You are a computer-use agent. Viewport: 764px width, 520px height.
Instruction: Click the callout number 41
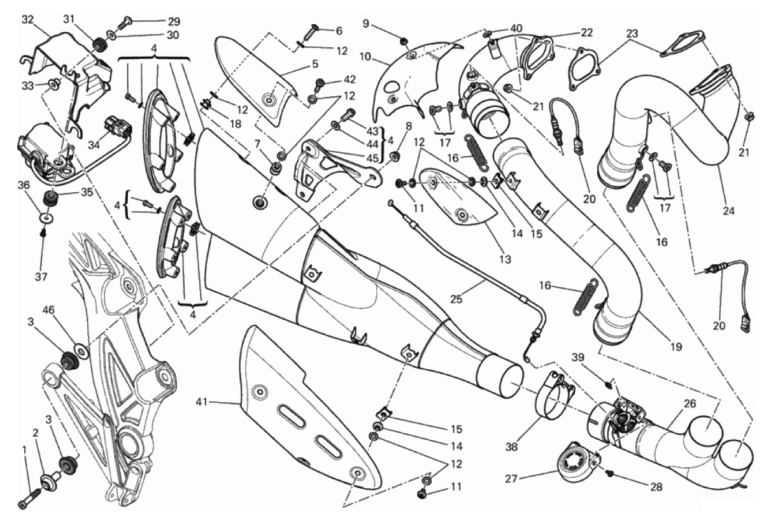(x=202, y=402)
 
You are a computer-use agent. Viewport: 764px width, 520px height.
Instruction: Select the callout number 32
(x=28, y=20)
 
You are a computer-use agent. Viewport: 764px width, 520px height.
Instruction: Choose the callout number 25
(x=456, y=299)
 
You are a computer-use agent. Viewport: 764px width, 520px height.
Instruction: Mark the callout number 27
(x=512, y=479)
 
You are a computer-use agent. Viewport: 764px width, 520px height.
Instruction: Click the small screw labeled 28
(x=610, y=473)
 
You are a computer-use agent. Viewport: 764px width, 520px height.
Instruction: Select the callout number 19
(x=676, y=347)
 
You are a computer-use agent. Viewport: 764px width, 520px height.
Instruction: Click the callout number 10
(x=365, y=57)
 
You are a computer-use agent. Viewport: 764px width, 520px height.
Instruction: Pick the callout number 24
(x=729, y=211)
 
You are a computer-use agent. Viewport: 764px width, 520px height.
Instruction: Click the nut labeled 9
(x=404, y=41)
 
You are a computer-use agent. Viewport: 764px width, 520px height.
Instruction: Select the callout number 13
(x=505, y=260)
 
